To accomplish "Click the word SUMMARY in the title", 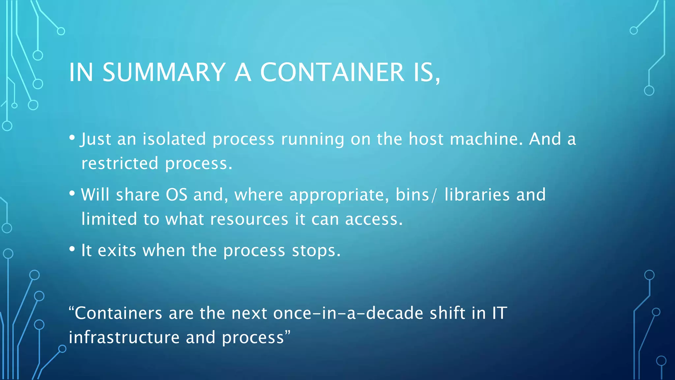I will pos(164,72).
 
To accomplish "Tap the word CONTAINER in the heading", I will pos(332,72).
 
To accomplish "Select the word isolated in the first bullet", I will pos(174,139).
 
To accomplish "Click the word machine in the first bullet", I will pos(486,139).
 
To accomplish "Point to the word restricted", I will pos(120,163).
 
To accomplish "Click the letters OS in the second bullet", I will pos(176,195).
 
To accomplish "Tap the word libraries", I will pos(477,195).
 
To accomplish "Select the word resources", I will pos(249,219).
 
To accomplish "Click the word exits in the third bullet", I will pos(117,250).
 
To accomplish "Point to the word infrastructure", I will pos(124,337).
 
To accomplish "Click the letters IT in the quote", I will pos(500,313).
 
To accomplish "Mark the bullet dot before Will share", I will pos(72,193).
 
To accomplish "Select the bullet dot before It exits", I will pos(72,249).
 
